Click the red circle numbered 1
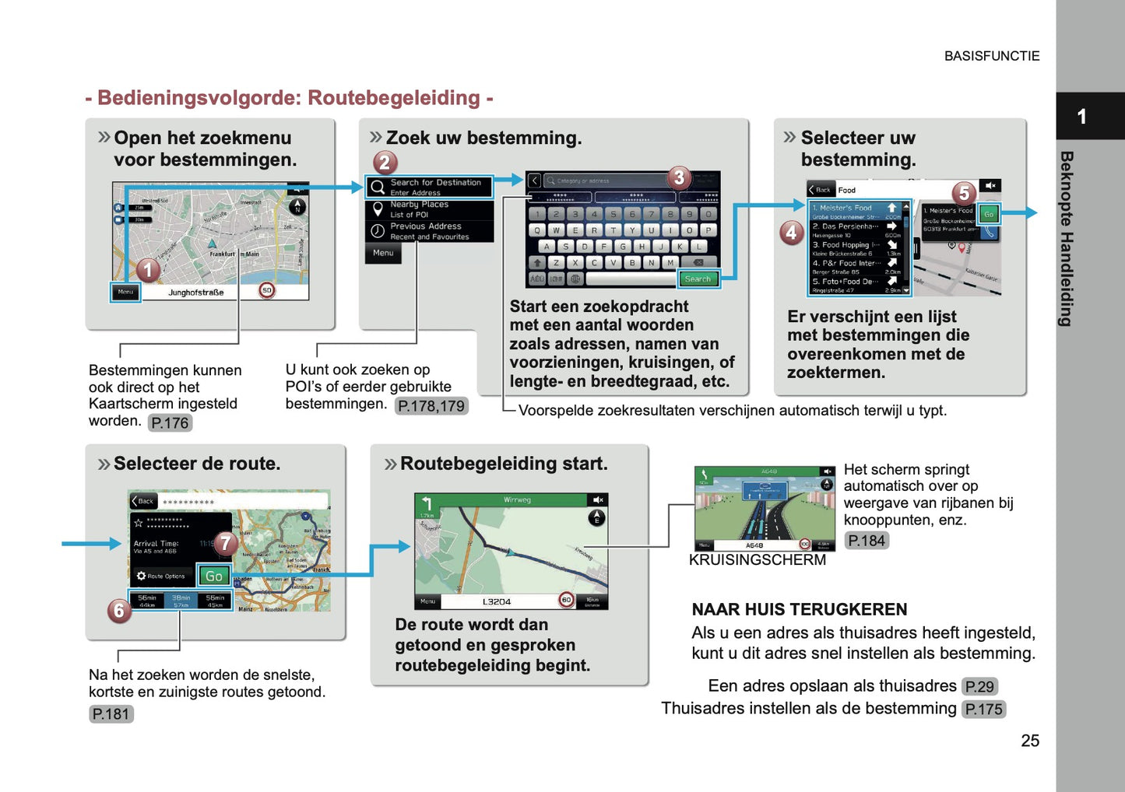point(148,270)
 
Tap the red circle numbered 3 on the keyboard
point(678,178)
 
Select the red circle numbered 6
point(118,610)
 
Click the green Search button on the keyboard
point(698,279)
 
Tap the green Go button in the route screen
point(213,576)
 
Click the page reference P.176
point(170,422)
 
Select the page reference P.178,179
point(431,405)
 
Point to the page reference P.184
point(866,540)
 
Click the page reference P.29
point(979,686)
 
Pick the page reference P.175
point(983,709)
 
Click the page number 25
point(1029,741)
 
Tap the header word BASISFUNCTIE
point(991,56)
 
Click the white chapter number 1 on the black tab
point(1081,117)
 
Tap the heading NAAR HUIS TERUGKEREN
point(799,609)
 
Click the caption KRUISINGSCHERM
point(757,559)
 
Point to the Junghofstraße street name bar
point(196,293)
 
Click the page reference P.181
point(111,713)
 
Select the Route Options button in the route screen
point(161,576)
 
